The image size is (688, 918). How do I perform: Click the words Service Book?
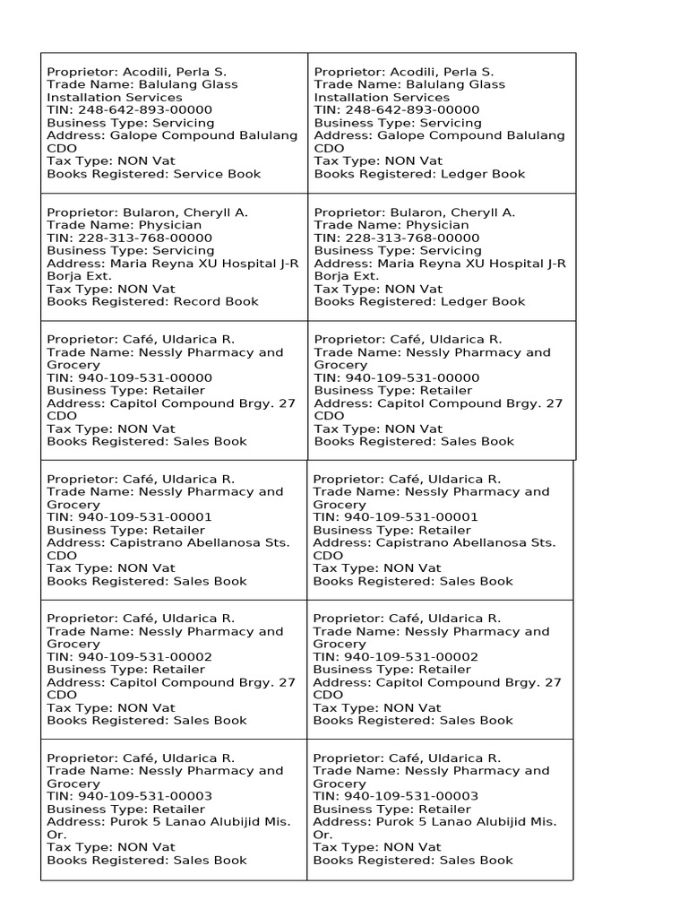coord(217,174)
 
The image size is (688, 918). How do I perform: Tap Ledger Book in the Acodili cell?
coord(482,174)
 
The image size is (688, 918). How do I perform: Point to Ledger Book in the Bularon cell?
coord(482,302)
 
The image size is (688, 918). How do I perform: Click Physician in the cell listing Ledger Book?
coord(437,226)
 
